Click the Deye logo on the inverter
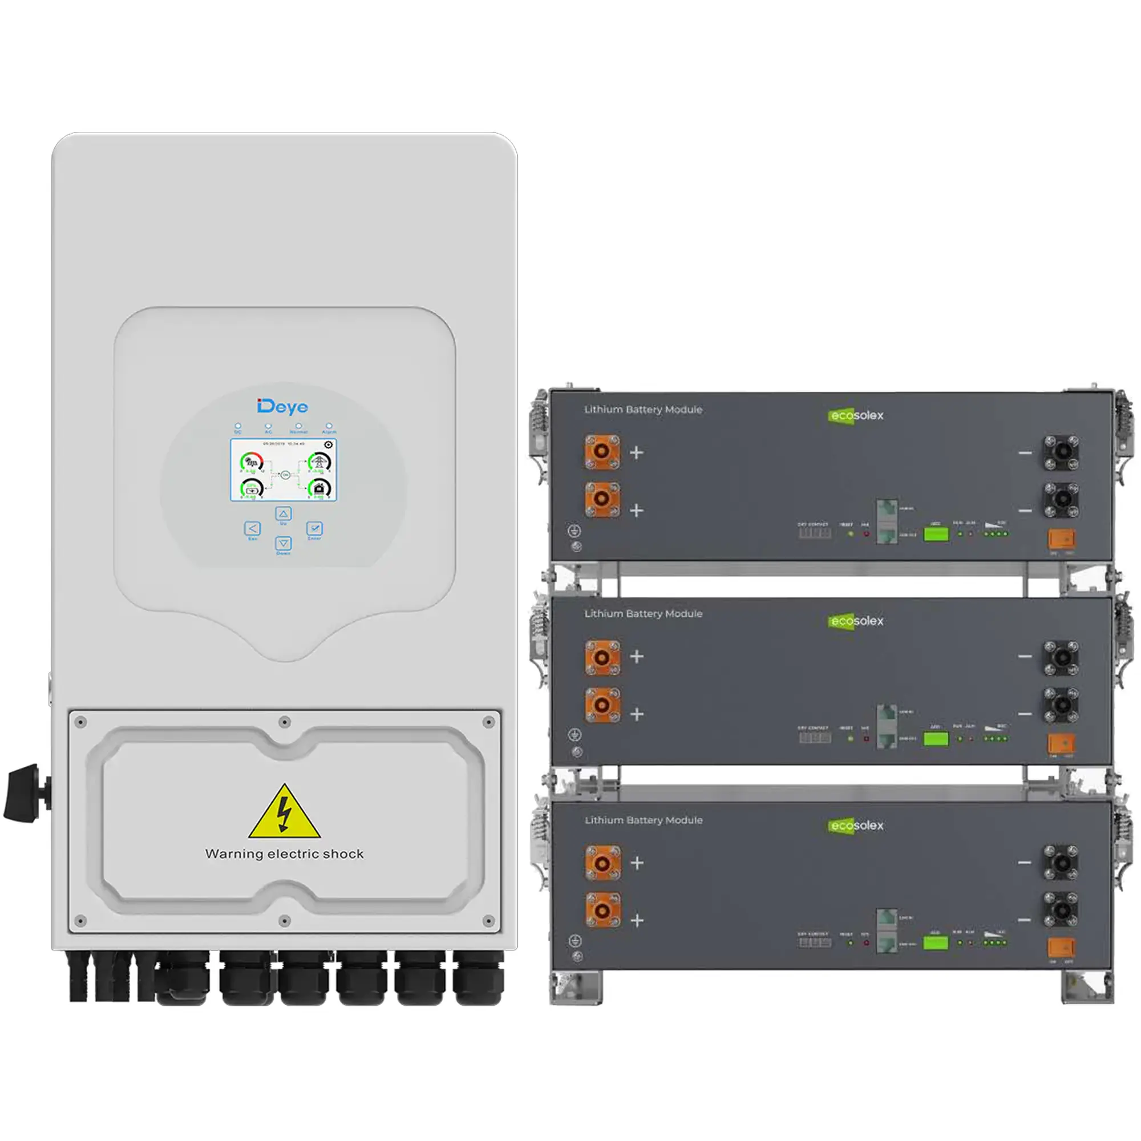coord(282,406)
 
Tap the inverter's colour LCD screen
coord(284,470)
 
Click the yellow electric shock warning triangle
coord(285,812)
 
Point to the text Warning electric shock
coord(285,853)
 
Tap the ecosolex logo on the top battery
coord(856,416)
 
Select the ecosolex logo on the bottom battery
coord(856,826)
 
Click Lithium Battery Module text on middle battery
coord(643,614)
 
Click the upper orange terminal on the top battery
coord(602,452)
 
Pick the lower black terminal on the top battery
coord(1061,499)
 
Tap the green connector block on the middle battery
coord(936,739)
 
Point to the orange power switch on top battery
coord(1061,539)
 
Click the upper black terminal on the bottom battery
coord(1061,861)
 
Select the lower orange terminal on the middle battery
coord(602,705)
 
